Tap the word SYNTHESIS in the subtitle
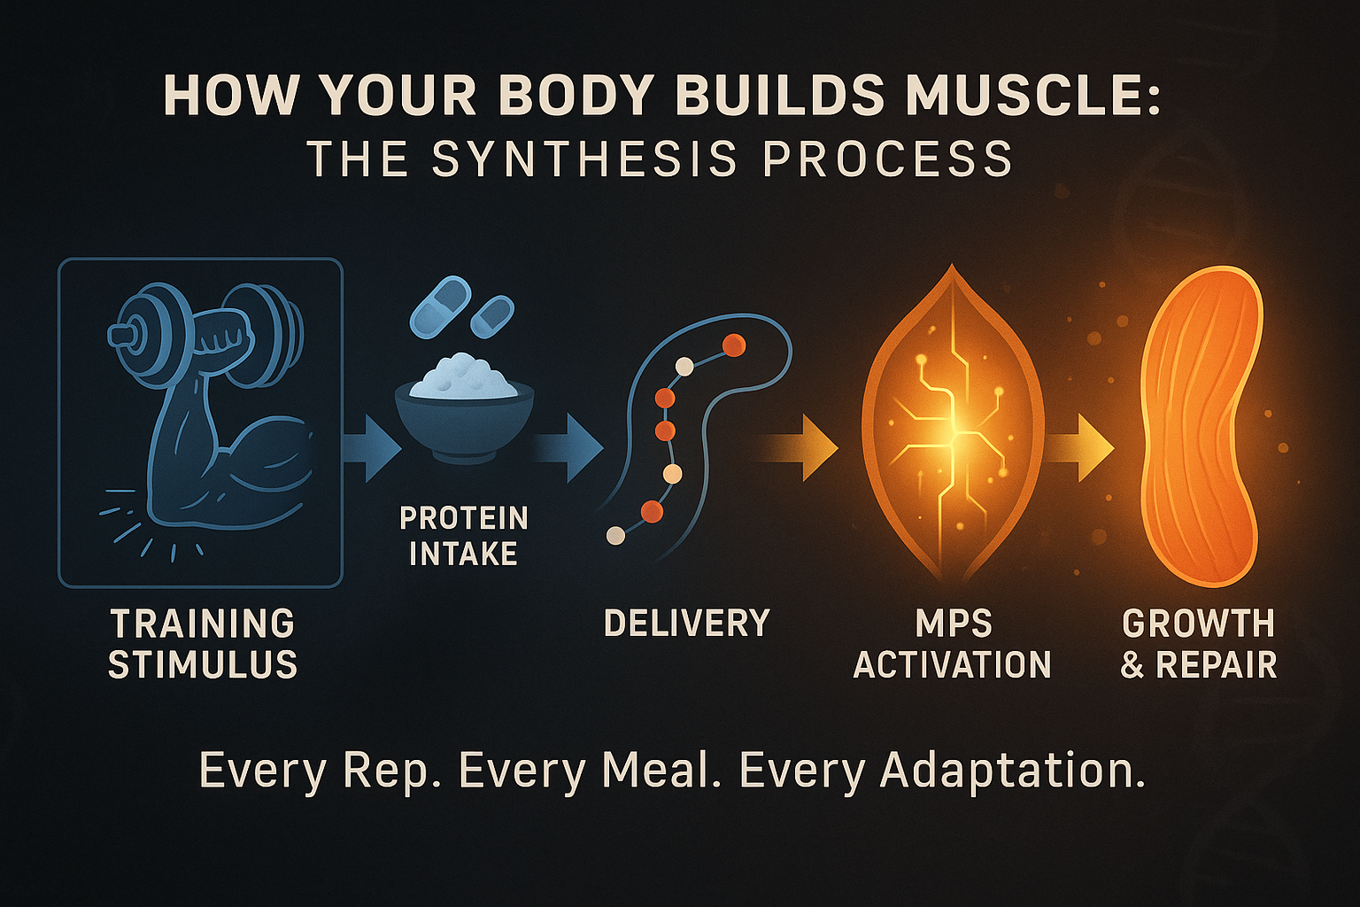(x=585, y=160)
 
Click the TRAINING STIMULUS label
(x=202, y=644)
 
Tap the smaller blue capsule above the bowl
(x=492, y=316)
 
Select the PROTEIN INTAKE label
(x=463, y=536)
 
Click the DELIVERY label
(x=687, y=624)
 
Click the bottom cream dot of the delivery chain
(x=614, y=535)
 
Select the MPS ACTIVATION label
(x=953, y=644)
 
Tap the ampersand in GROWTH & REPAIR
(x=1132, y=665)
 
